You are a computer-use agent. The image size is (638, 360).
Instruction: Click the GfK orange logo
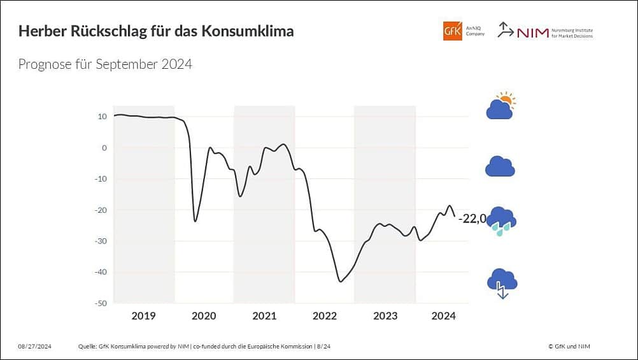coord(452,31)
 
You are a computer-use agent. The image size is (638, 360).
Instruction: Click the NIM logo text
coord(532,32)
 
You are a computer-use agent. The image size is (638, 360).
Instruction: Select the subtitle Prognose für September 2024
coord(105,64)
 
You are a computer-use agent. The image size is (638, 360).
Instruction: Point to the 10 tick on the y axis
coord(102,117)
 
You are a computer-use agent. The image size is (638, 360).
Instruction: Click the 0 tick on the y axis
coord(104,148)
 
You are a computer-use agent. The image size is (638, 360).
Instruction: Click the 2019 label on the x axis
coord(143,316)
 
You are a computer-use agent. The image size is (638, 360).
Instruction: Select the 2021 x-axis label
coord(264,316)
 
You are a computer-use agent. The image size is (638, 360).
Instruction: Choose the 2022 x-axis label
coord(325,316)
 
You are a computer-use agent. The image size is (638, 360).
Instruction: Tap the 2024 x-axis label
coord(443,316)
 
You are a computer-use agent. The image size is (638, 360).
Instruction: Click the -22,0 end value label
coord(472,219)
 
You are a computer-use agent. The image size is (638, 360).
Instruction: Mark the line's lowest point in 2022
coord(341,281)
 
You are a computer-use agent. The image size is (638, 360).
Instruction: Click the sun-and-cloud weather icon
coord(500,106)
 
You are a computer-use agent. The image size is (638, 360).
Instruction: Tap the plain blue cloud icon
coord(500,166)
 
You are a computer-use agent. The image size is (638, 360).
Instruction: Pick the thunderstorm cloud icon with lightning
coord(502,282)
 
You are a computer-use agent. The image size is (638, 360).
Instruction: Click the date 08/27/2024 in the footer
coord(34,346)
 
